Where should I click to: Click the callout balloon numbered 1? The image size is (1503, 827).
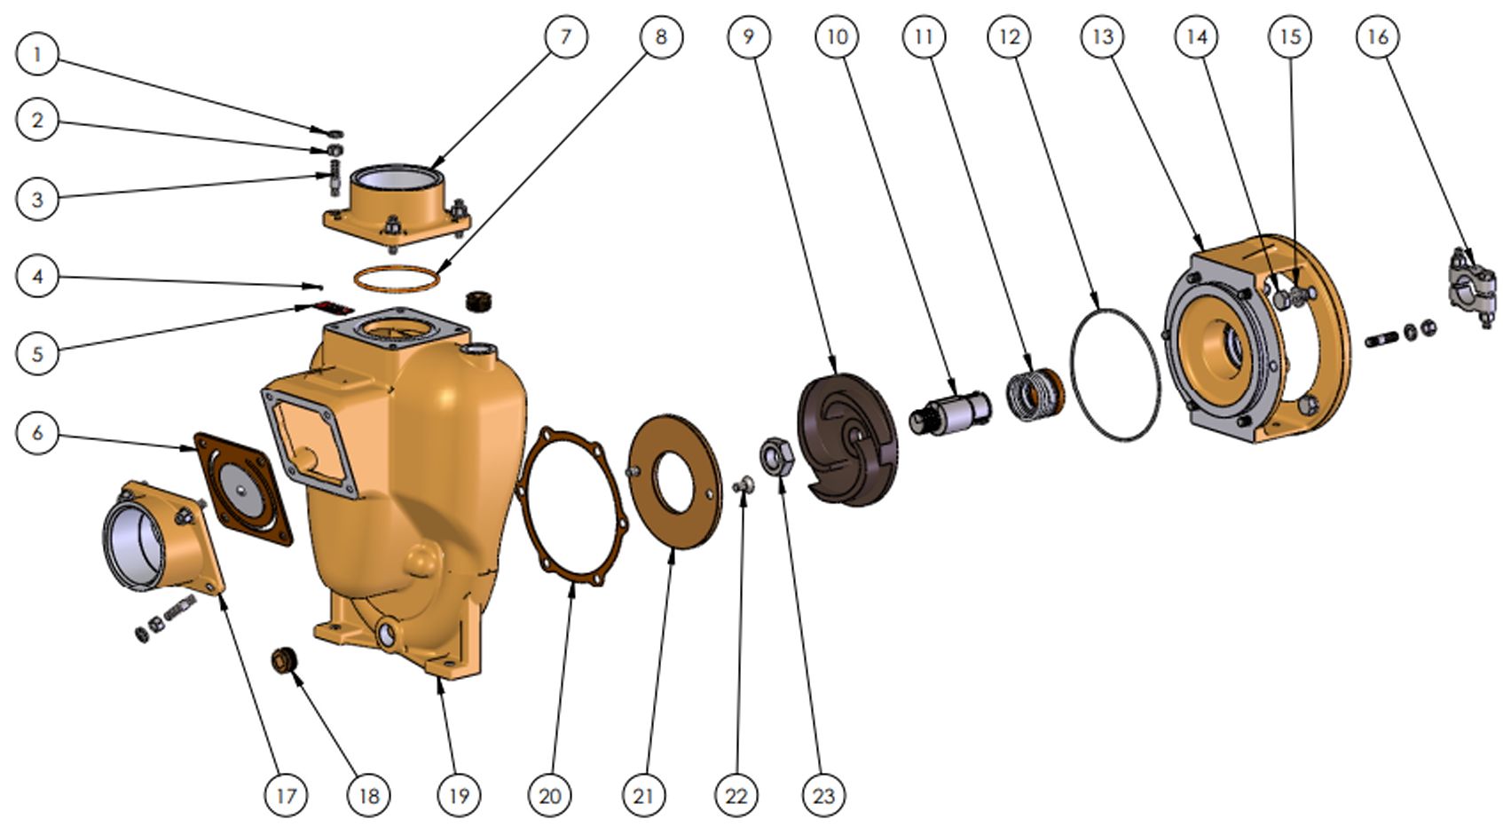pos(37,54)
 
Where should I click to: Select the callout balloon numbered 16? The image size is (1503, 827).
pos(1378,37)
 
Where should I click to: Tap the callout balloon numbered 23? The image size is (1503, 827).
pos(823,795)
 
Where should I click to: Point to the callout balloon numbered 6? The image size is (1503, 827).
pos(37,433)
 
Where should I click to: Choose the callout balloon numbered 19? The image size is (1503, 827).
pos(459,795)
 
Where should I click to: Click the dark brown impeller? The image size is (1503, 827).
pos(846,440)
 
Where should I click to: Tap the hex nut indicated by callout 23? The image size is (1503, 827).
pos(776,456)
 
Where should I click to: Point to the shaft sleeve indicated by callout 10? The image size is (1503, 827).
pos(949,411)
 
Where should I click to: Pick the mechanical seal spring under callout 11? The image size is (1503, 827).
pos(1035,396)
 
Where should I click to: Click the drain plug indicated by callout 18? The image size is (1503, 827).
pos(285,660)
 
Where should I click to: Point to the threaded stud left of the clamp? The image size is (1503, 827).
pos(1381,338)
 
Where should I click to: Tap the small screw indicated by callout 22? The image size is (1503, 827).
pos(743,484)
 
